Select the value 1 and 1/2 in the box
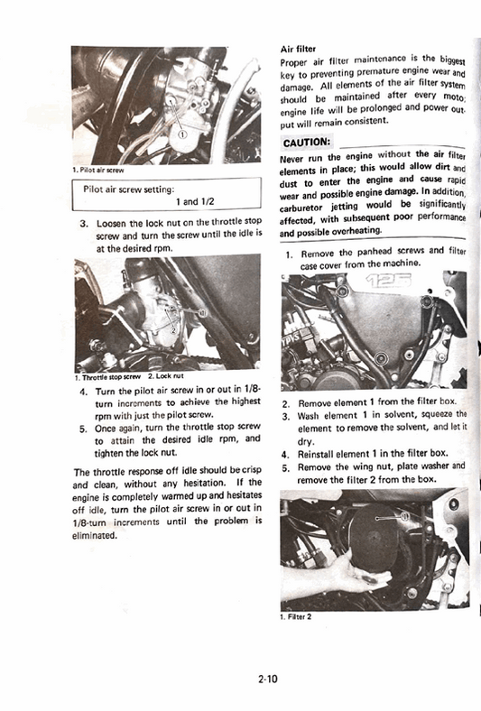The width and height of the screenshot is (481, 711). coord(195,203)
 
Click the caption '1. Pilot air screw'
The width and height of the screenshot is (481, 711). coord(99,170)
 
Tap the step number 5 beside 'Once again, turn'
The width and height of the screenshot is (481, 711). coord(83,428)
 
